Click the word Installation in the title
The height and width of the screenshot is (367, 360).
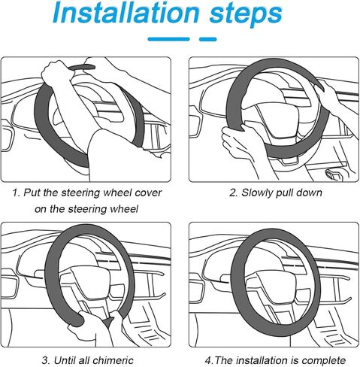126,13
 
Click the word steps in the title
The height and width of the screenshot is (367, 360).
246,14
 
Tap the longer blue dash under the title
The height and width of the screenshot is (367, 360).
169,39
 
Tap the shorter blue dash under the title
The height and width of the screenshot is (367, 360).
208,39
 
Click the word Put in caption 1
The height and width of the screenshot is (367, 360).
32,193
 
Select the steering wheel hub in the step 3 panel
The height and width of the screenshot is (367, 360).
88,281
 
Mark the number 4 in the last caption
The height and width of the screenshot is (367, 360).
208,361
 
